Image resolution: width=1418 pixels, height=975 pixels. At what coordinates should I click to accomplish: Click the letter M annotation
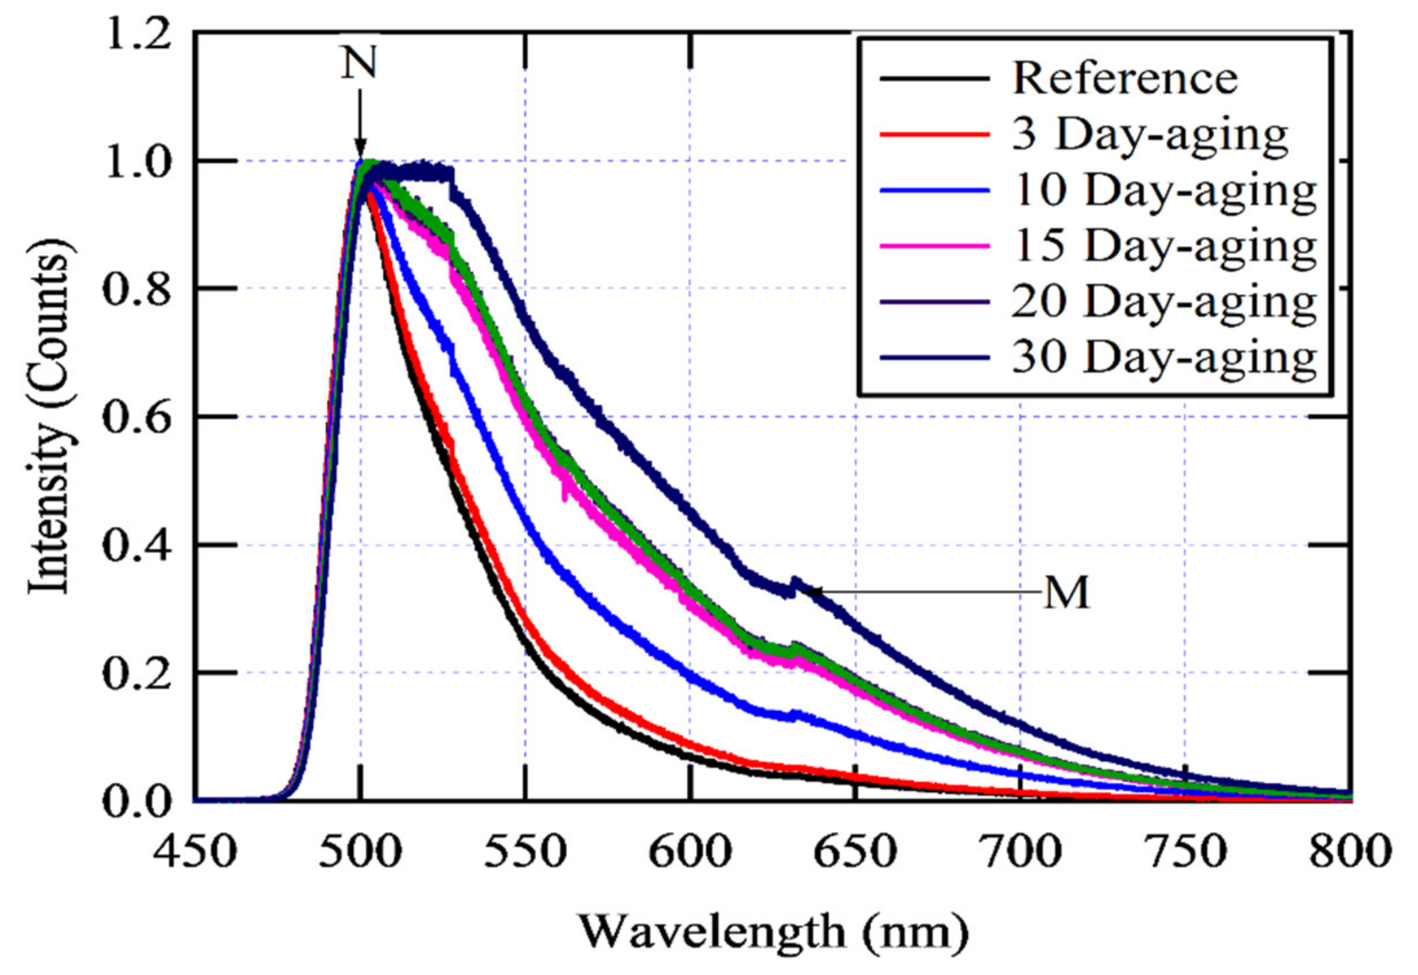1066,593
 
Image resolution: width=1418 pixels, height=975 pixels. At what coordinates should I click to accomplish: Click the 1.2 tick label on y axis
136,36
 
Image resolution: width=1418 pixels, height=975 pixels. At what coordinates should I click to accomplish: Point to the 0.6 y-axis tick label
136,419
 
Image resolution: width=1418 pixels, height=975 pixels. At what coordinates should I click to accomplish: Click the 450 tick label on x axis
194,852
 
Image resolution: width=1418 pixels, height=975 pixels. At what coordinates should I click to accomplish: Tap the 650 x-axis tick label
855,852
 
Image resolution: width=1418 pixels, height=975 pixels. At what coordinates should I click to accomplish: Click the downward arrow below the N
360,125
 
